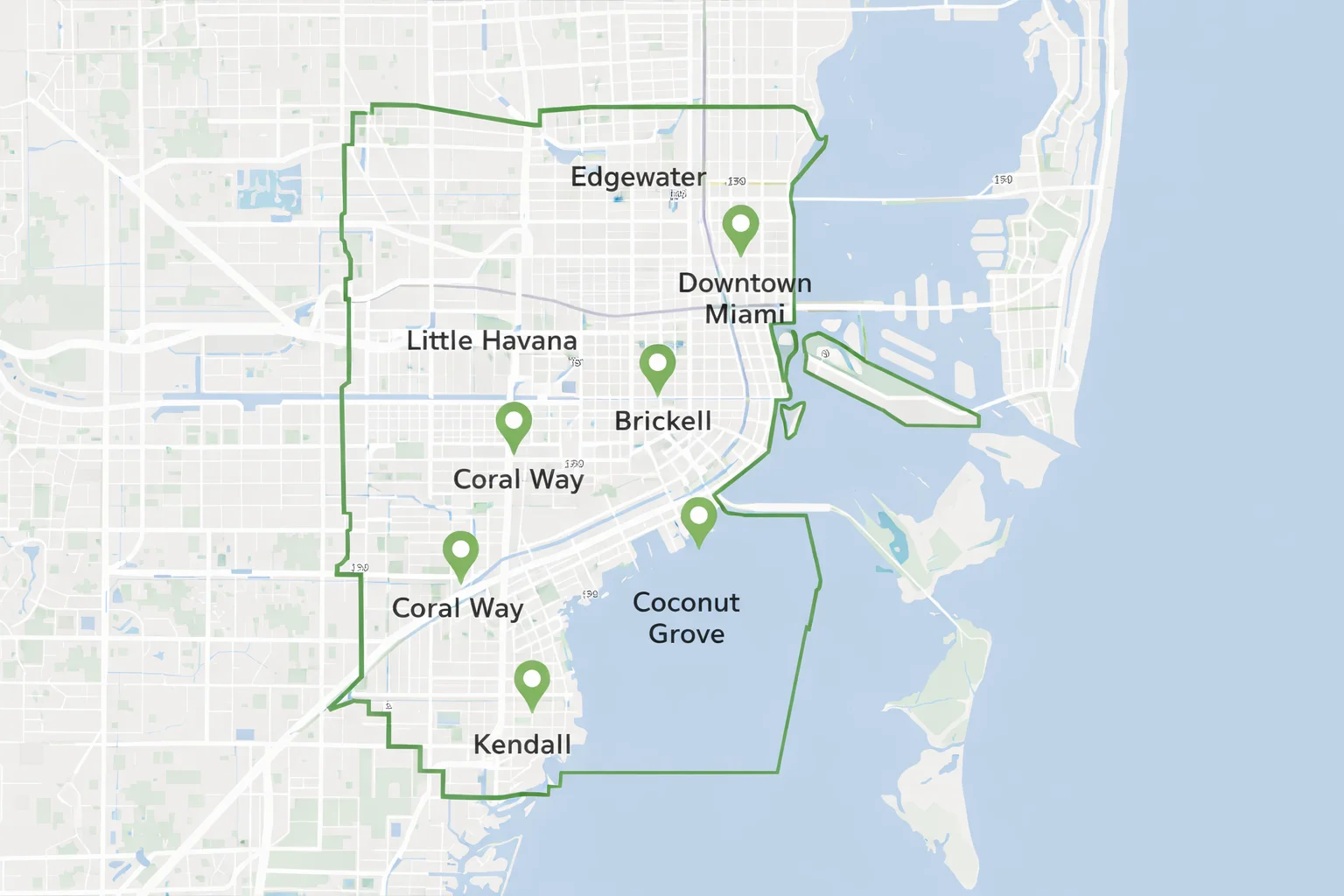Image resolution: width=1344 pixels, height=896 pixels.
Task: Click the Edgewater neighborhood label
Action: point(638,177)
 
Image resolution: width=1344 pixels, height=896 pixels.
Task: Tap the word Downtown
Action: point(745,283)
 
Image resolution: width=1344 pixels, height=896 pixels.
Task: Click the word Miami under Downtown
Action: point(745,313)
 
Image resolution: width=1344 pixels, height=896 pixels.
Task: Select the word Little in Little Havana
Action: point(439,340)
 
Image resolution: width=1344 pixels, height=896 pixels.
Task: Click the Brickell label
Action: point(662,421)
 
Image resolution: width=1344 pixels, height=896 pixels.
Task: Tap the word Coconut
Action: point(686,602)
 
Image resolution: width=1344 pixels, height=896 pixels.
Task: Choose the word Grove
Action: point(686,633)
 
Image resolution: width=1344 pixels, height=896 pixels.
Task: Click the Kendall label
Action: point(521,745)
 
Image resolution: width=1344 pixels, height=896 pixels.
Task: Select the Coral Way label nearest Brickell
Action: point(518,479)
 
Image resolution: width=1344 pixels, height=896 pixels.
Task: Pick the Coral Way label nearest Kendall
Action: point(457,608)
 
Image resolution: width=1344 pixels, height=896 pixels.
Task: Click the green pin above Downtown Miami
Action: point(740,227)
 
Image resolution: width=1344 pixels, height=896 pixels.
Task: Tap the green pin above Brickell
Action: point(657,366)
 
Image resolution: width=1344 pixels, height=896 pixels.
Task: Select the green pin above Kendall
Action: point(531,682)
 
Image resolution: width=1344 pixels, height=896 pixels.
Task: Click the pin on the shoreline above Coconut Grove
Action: point(698,518)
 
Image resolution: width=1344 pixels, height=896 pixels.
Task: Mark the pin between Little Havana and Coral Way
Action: point(514,424)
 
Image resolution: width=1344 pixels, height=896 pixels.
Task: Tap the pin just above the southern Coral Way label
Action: point(460,552)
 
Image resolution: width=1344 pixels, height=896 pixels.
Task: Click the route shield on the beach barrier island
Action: point(1003,179)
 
